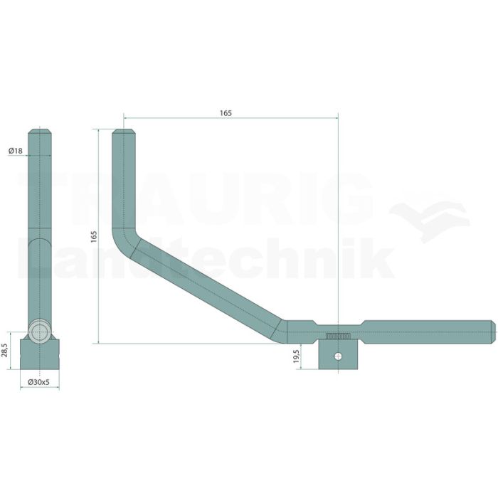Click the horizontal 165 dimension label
point(226,112)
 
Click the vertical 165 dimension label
point(94,237)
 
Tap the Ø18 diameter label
point(16,151)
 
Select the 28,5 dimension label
point(4,350)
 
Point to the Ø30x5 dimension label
point(38,382)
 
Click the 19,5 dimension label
point(296,356)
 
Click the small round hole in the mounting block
point(339,356)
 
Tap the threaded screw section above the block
point(338,337)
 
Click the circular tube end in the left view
point(39,332)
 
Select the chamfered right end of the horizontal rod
point(493,332)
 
